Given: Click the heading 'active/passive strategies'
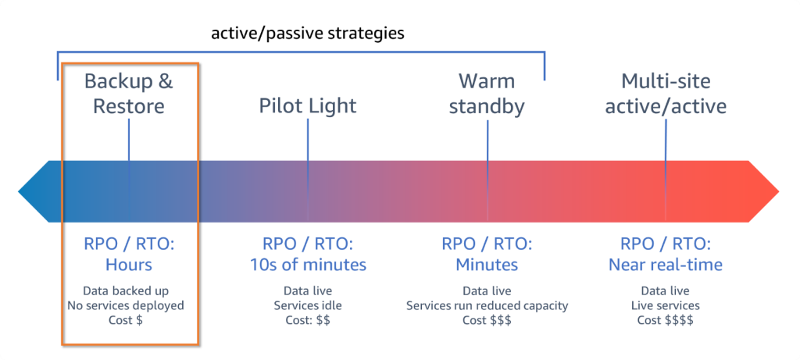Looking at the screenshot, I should point(309,34).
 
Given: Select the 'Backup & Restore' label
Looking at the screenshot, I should point(129,94).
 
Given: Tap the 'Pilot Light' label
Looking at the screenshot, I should point(308,105).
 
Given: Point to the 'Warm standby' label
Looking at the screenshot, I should point(487,94).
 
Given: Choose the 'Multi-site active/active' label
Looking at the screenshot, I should point(666,94).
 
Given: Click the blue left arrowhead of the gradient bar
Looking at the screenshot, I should point(35,190).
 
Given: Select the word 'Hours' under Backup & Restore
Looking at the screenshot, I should point(129,265).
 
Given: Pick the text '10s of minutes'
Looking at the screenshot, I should point(308,265).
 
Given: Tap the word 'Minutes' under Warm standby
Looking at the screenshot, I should point(487,265).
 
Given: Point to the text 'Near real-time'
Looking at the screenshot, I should point(666,265).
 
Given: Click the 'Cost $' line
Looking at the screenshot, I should point(129,320).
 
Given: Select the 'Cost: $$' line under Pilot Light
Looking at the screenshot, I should point(308,320).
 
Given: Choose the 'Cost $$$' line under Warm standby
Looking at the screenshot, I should point(487,320).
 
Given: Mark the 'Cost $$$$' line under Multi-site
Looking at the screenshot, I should point(666,320).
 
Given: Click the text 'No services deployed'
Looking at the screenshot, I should point(129,305).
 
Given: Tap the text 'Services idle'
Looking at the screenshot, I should point(308,305).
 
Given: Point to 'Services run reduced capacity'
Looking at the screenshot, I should point(487,305).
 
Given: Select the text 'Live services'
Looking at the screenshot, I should point(666,305).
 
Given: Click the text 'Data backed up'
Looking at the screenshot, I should point(129,290).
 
